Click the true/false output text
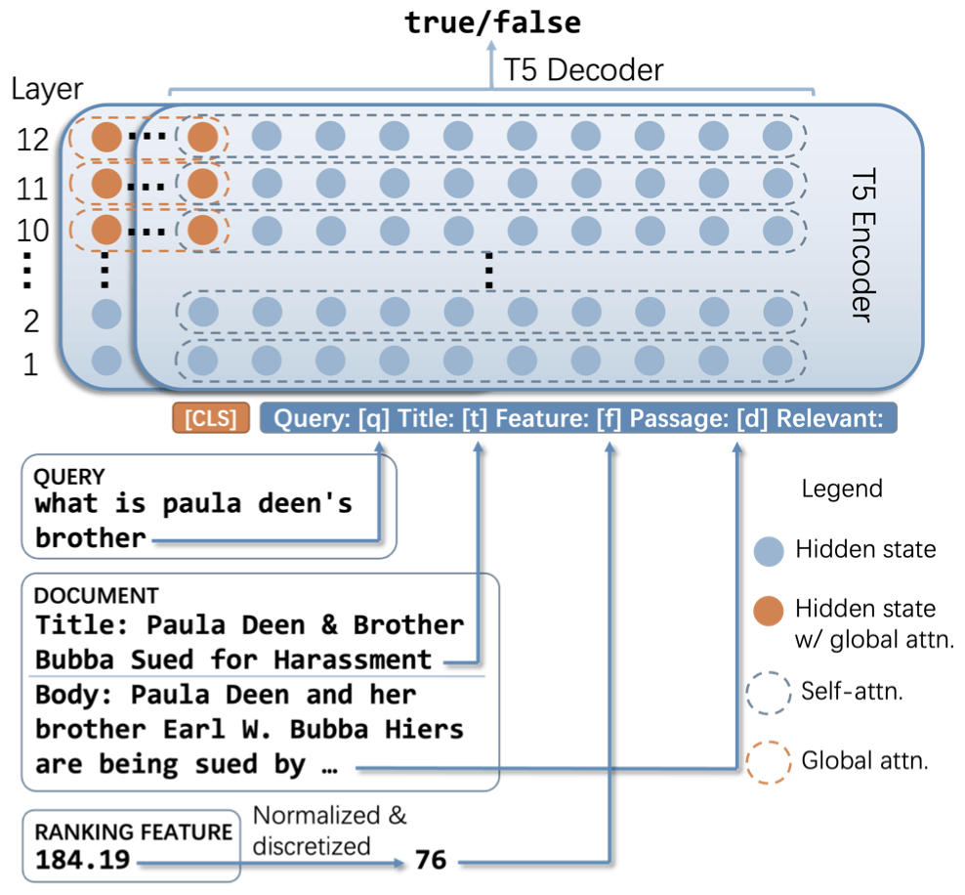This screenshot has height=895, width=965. [x=492, y=21]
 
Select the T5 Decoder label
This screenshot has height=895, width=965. [x=583, y=70]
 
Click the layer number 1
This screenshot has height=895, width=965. [x=29, y=365]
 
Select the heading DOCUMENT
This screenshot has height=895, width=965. [x=82, y=595]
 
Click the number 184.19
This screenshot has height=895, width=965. [x=84, y=862]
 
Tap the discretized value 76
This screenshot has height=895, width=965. [x=430, y=861]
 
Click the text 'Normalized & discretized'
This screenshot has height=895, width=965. [x=329, y=831]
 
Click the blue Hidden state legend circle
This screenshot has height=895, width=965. [x=769, y=551]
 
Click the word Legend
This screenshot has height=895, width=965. [x=841, y=489]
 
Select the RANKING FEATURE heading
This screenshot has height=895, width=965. [x=133, y=832]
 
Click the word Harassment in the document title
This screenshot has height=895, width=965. [x=353, y=660]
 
